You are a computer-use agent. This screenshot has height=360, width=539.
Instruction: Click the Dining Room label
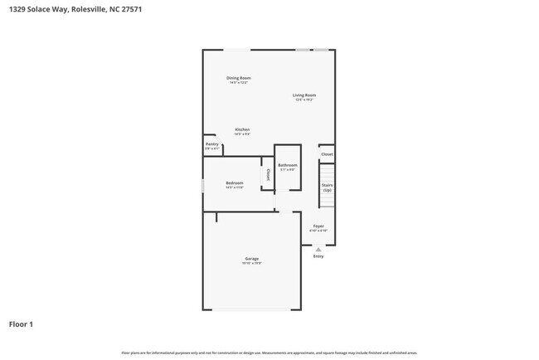(238, 78)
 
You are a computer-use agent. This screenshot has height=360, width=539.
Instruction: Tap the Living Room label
(303, 95)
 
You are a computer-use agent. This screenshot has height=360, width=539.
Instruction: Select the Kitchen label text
(242, 129)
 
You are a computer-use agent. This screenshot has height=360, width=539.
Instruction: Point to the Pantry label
(212, 144)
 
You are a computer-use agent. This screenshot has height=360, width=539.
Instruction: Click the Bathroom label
(287, 165)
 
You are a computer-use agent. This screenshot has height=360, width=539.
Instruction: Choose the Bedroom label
(234, 182)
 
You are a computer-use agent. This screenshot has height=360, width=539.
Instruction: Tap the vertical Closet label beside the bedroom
(268, 175)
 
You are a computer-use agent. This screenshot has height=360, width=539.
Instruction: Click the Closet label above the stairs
(327, 154)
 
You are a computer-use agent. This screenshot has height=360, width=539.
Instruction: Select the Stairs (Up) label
(327, 187)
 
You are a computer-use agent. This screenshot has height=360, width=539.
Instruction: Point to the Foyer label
(318, 226)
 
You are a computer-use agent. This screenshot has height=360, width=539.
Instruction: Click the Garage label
(251, 258)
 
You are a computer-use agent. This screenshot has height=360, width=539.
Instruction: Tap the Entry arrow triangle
(318, 249)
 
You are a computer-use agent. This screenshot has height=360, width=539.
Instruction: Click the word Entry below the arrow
(318, 256)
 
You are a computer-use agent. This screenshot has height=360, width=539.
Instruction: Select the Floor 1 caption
(22, 324)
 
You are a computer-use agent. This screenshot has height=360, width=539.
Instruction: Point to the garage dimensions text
(251, 263)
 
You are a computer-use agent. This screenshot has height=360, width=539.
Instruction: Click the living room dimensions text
(303, 100)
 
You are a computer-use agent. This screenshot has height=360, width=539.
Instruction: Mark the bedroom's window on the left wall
(203, 185)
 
